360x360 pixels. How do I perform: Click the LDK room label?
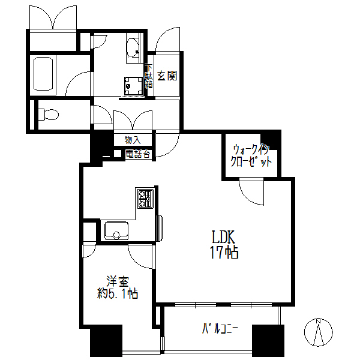223,237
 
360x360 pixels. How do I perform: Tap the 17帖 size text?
224,253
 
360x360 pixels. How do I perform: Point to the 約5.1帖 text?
118,293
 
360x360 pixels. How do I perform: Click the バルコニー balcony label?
220,329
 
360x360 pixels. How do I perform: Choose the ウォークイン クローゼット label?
251,156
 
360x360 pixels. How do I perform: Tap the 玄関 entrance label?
167,76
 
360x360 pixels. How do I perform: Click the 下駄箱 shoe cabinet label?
149,76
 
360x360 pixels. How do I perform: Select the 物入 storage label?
133,140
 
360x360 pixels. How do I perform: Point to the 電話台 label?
138,154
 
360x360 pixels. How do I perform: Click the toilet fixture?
49,114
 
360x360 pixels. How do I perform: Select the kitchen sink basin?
116,231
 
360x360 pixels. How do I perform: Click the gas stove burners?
146,198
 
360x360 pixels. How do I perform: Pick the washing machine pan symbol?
133,86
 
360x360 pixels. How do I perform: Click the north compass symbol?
318,332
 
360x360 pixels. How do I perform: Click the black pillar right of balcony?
268,340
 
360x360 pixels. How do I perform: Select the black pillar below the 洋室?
106,340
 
